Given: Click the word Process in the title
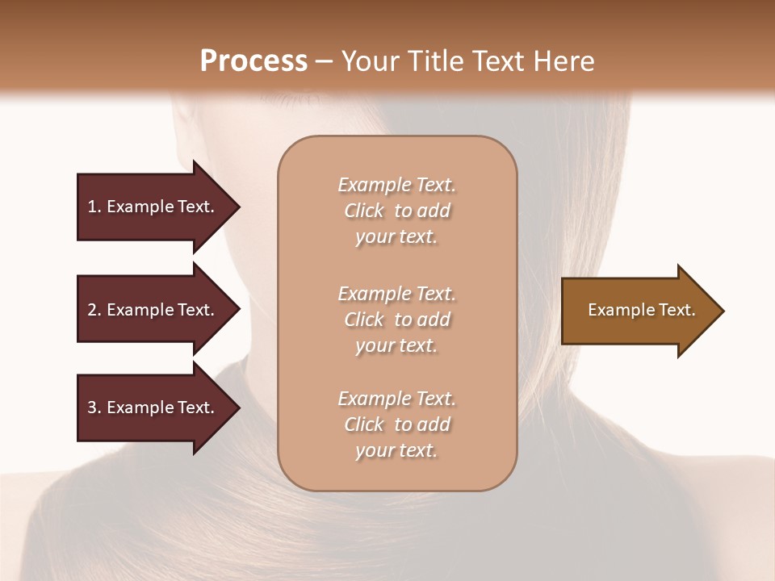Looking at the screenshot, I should point(253,61).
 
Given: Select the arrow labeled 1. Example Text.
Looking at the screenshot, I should point(153,207).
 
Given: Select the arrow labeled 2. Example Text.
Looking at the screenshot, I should point(153,310).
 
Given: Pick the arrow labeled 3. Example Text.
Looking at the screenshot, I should point(153,408).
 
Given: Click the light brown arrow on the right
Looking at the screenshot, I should point(638,310).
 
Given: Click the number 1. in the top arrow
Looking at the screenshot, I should point(94,207).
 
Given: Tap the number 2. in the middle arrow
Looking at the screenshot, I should point(94,310).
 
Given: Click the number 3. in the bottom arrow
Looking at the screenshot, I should point(94,408).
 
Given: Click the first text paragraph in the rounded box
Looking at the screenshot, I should point(397,211).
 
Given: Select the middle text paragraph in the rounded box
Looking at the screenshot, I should point(397,320).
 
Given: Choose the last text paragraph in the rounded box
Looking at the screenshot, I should point(397,424).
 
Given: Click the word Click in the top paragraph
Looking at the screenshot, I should point(364,211).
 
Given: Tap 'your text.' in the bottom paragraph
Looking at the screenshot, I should point(396,450).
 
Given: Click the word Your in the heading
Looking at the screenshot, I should point(369,61).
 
